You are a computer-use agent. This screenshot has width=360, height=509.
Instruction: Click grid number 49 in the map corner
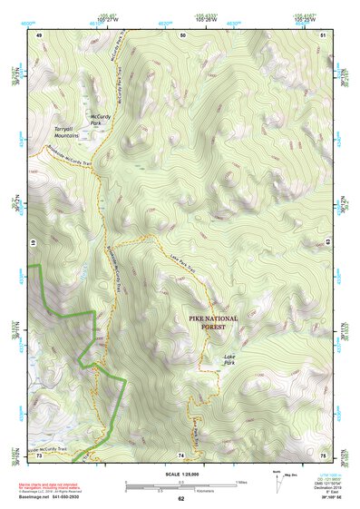pyautogui.click(x=39, y=34)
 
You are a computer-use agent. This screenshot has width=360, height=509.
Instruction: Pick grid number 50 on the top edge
pyautogui.click(x=183, y=34)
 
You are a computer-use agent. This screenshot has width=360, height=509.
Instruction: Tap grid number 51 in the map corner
pyautogui.click(x=323, y=34)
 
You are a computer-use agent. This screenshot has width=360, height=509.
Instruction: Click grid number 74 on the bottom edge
pyautogui.click(x=180, y=455)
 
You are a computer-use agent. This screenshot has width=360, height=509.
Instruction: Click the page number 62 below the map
pyautogui.click(x=180, y=499)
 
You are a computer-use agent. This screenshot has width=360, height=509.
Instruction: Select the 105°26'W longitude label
pyautogui.click(x=206, y=17)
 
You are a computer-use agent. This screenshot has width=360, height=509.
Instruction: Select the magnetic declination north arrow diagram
pyautogui.click(x=276, y=477)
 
